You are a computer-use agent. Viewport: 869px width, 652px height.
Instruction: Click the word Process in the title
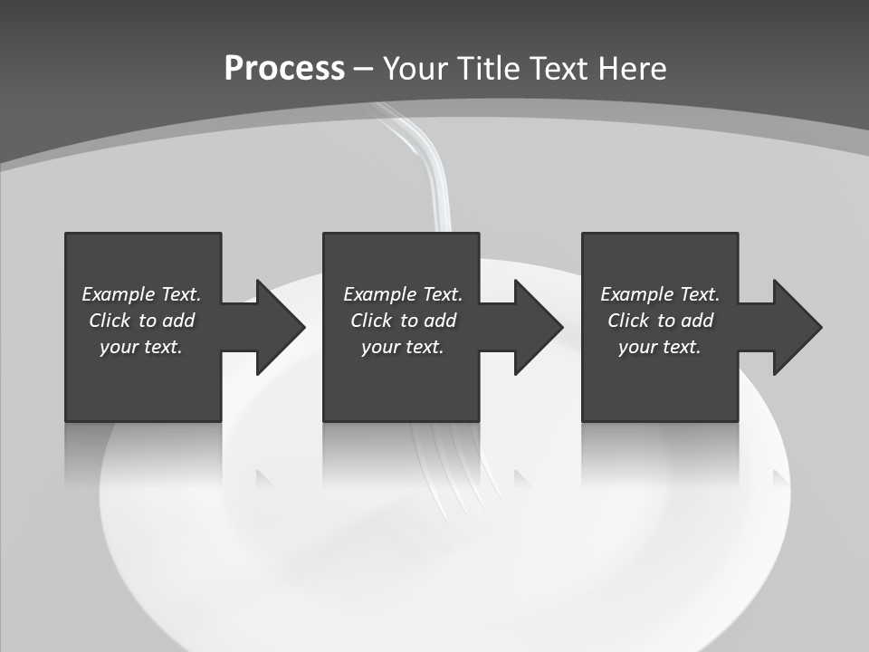point(284,69)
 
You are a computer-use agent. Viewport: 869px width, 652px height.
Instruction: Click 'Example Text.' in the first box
point(141,294)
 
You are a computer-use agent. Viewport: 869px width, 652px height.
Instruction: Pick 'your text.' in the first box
point(141,347)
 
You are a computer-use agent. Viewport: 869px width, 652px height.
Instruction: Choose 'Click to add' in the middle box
point(403,321)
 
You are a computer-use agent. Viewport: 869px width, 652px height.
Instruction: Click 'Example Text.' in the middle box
point(403,294)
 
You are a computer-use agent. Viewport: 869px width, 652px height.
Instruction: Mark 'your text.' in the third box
point(660,347)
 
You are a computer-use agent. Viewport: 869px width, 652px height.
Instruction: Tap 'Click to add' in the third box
point(660,321)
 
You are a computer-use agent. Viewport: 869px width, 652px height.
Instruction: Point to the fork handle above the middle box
point(426,172)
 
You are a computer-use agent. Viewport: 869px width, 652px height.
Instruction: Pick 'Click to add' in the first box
point(141,321)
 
